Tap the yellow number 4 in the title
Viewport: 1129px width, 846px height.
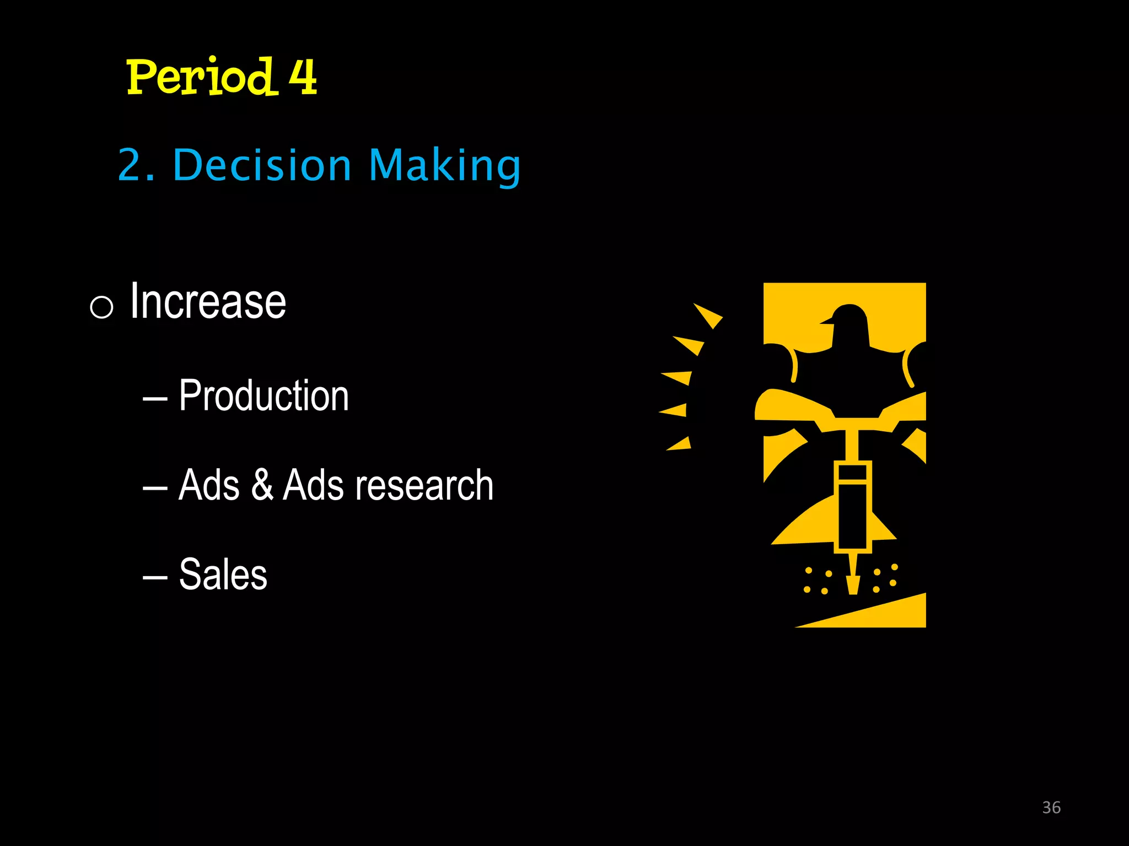303,77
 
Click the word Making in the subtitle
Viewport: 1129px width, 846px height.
444,166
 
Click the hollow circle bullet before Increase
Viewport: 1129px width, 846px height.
101,307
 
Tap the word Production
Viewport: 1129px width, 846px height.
264,395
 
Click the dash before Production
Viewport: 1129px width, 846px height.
155,398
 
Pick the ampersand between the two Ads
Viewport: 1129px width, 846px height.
262,485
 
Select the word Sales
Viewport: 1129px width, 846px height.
223,574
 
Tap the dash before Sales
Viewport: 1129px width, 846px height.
155,577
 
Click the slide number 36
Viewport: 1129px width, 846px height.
1051,807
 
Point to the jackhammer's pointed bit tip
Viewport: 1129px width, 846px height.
853,587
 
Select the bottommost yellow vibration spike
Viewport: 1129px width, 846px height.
680,444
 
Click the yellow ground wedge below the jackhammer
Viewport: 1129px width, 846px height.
882,614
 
